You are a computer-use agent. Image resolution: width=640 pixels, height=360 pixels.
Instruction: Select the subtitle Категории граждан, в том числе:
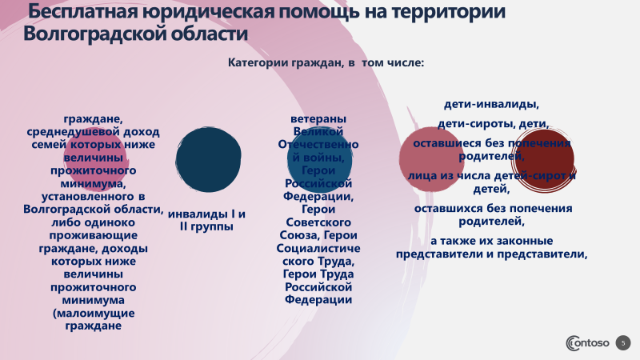[326, 62]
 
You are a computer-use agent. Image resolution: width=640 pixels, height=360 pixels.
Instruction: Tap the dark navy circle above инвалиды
[208, 159]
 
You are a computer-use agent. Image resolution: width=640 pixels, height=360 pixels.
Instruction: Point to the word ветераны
[318, 118]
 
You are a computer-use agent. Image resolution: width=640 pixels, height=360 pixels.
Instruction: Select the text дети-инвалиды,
[491, 104]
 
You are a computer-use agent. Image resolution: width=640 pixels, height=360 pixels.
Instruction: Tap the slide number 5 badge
[624, 342]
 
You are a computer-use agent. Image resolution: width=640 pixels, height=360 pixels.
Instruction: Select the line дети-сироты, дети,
[492, 124]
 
